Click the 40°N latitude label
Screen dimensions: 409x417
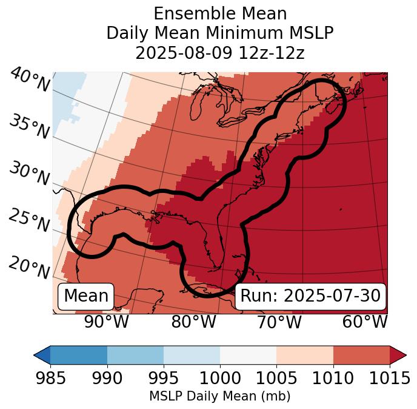(x=30, y=80)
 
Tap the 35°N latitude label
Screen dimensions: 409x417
(x=30, y=127)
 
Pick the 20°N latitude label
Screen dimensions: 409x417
(x=30, y=267)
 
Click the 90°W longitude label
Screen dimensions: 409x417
(x=107, y=322)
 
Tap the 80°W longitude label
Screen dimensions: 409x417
(x=193, y=322)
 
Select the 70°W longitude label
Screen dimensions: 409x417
(x=279, y=322)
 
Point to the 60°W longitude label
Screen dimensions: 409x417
(x=365, y=322)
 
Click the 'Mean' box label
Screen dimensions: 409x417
(x=86, y=296)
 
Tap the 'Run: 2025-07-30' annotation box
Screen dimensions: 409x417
(x=310, y=296)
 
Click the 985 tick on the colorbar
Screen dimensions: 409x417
(x=50, y=378)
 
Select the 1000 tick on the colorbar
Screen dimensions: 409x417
(x=220, y=378)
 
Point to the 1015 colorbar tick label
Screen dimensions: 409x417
(x=390, y=378)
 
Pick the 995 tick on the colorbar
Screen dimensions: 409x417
(x=164, y=378)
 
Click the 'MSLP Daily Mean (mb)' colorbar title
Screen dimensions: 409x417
(x=220, y=397)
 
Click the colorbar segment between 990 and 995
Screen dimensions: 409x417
(x=135, y=354)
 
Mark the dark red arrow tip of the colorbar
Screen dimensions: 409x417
(x=398, y=354)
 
